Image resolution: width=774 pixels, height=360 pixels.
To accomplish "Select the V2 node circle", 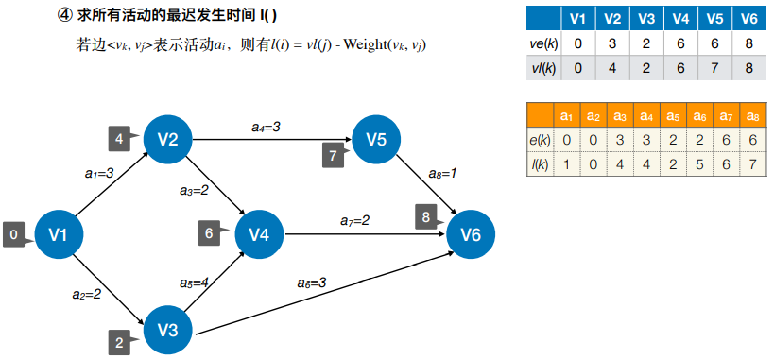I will point(168,140).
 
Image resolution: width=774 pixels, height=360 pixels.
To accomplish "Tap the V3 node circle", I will point(168,330).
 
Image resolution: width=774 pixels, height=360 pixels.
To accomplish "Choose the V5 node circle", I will point(376,140).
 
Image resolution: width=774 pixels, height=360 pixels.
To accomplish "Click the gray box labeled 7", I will point(332,155).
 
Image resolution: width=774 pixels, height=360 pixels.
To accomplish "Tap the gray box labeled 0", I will point(13,234).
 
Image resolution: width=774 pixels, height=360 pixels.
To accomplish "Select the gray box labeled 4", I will point(119,139).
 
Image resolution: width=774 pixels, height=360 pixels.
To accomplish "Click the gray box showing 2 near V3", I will point(119,342).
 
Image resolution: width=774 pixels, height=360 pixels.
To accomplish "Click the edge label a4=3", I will point(266,126).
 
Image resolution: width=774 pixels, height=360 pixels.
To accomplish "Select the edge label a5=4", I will point(195,282).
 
